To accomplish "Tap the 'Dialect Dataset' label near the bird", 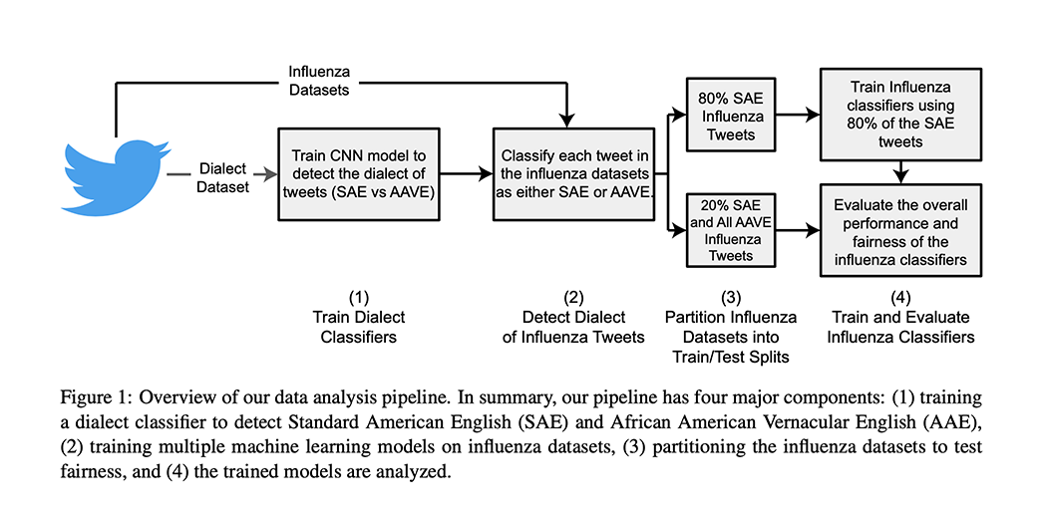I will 222,176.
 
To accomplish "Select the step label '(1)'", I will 359,297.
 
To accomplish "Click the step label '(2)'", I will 573,297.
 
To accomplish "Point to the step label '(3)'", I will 731,297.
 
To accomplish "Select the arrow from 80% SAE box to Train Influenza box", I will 798,116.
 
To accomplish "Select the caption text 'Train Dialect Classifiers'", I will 359,328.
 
